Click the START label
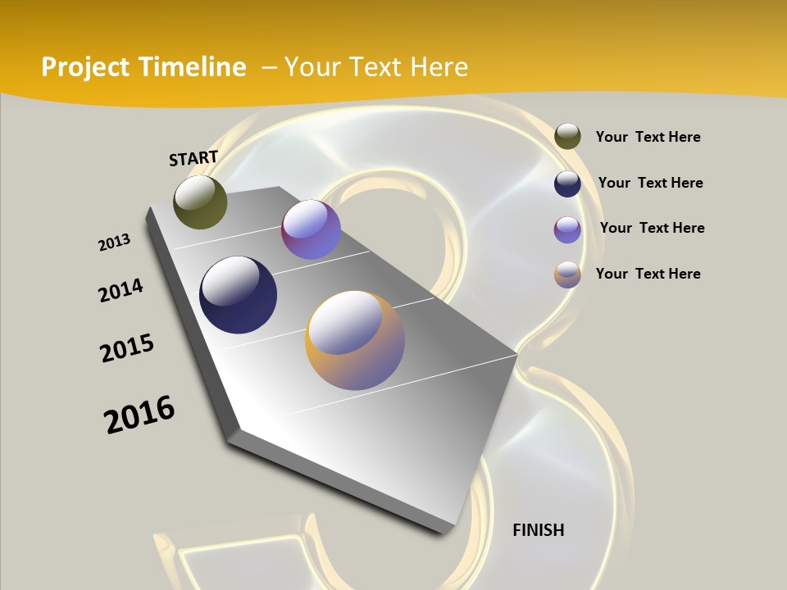pos(193,158)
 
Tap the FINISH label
pos(538,530)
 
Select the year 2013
pos(114,243)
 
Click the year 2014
pos(121,290)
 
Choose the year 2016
pos(139,415)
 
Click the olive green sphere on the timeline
pos(200,202)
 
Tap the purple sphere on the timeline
pos(311,229)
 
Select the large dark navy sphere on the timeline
pos(238,295)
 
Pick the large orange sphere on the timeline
pos(355,340)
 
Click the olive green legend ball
pos(567,136)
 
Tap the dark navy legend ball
pos(567,184)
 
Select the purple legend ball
pos(567,229)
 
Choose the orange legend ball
pos(567,275)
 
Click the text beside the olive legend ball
pos(648,137)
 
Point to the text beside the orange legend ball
pos(648,274)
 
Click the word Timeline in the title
pos(192,67)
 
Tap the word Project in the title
pos(84,67)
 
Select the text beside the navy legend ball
pos(650,183)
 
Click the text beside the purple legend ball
pos(652,228)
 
